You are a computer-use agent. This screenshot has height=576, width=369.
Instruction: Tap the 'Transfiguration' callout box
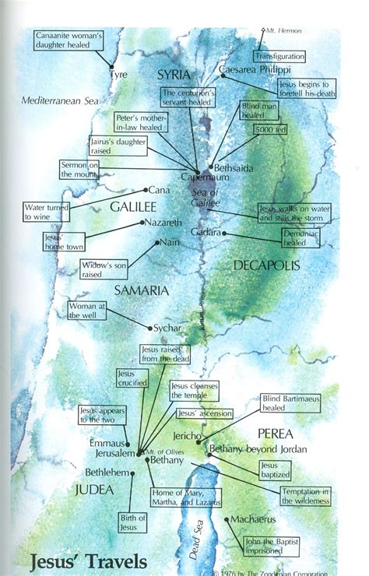point(279,57)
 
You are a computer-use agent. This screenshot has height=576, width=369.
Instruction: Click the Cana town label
point(160,189)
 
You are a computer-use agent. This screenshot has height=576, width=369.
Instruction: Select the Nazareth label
point(166,223)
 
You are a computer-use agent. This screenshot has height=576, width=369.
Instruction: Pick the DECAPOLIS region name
point(265,265)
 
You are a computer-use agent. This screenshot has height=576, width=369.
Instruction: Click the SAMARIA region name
point(141,290)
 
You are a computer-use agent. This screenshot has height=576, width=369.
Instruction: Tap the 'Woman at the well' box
point(88,311)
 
